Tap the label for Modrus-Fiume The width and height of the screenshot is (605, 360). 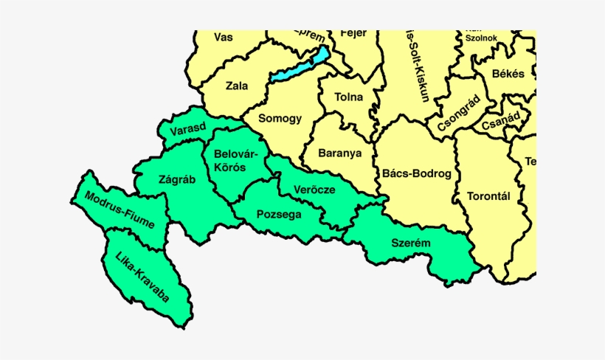tap(120, 210)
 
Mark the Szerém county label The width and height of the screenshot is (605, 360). tap(411, 243)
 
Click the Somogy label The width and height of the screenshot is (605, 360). tap(281, 118)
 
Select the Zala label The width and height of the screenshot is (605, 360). tap(236, 86)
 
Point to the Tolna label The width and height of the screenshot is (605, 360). tap(348, 97)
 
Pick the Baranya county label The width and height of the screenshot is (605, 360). tap(339, 153)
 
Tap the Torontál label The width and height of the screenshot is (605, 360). tap(489, 197)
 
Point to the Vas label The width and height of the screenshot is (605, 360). tap(223, 36)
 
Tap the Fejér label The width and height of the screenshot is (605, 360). tap(353, 34)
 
